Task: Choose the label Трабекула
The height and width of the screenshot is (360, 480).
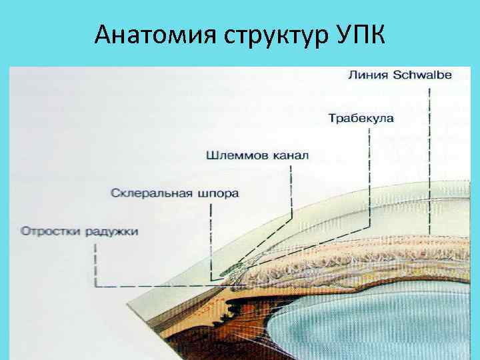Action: click(x=361, y=119)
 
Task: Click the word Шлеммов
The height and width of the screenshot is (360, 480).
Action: click(x=237, y=157)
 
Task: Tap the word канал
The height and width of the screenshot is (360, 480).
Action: click(x=290, y=157)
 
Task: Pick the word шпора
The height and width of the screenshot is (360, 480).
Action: click(x=218, y=194)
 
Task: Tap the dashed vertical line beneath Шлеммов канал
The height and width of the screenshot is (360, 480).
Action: click(x=291, y=190)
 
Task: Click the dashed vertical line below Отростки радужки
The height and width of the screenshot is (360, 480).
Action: click(x=97, y=263)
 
